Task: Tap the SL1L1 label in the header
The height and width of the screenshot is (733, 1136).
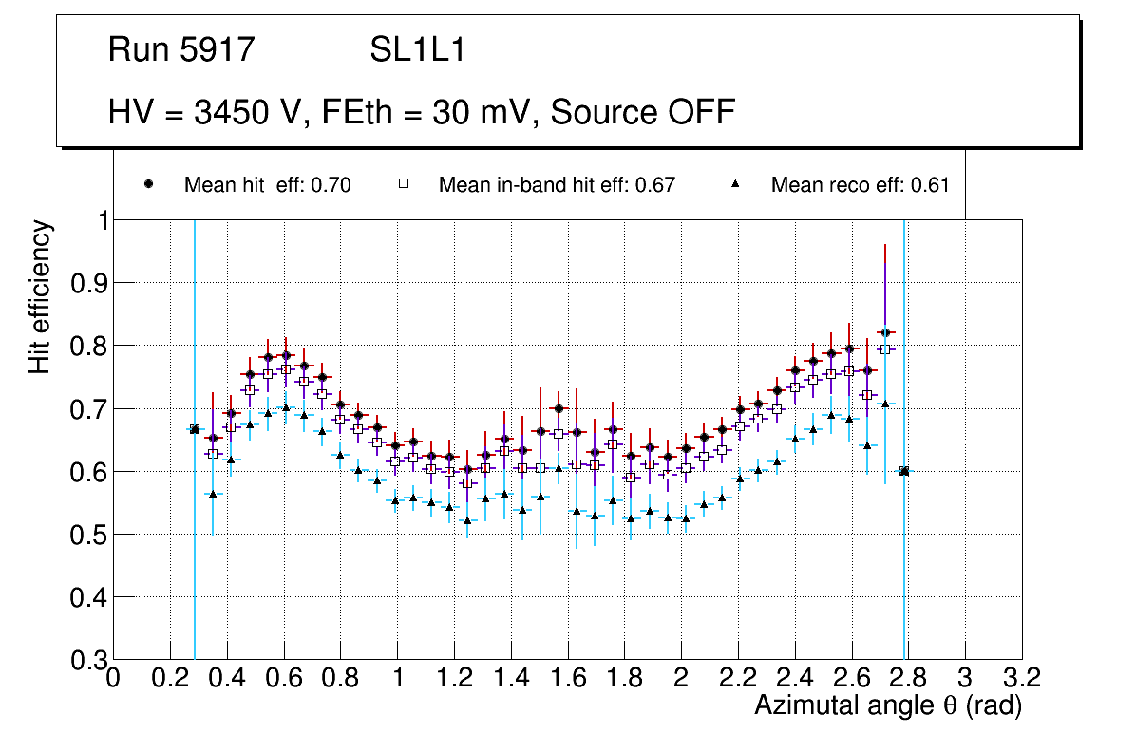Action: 417,50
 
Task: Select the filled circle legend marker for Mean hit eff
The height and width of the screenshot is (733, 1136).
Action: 148,184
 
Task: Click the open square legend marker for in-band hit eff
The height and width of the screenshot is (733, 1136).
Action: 404,184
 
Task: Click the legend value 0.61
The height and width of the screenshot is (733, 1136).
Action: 930,185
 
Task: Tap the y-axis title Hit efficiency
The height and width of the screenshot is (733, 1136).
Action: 40,297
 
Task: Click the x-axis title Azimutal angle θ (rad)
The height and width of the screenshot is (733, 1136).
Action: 888,705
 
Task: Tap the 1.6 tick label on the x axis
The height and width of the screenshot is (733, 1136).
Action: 568,678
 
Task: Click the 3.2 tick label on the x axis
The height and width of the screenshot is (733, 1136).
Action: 1022,678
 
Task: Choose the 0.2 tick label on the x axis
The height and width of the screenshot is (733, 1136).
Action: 170,678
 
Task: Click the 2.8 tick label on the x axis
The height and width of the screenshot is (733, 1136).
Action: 908,678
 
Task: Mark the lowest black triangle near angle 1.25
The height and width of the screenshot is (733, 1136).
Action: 466,520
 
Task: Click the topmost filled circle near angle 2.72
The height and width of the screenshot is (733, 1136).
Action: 885,332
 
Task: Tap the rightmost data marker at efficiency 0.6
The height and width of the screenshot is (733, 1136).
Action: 904,471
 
